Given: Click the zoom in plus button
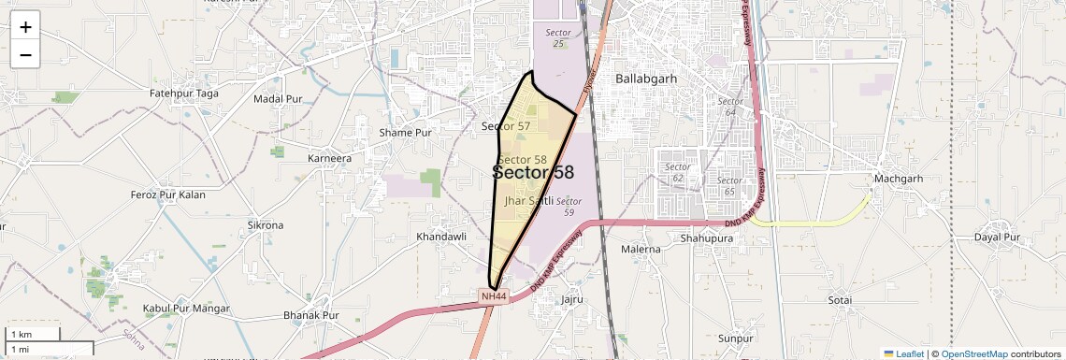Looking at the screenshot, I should coord(25,26).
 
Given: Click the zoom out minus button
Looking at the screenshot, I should coord(25,54).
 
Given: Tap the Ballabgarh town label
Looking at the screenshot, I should coord(645,79).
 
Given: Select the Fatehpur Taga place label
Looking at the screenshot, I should coord(184,94).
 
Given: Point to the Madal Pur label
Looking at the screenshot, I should coord(278,98).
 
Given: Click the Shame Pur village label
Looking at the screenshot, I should coord(405,133).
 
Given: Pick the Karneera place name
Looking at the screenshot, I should coord(329,158).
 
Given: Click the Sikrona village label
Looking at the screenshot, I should coord(265,225).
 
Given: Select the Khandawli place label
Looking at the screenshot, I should coord(441,237).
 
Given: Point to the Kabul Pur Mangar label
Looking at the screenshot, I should coord(181,308).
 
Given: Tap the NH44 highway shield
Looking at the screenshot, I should coord(494,296).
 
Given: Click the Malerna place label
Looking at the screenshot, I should coord(641,250).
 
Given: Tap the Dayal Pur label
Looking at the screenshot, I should coord(997,237).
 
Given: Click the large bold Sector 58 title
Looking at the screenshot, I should coord(533,173).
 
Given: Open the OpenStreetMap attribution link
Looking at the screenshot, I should coord(974,353).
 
